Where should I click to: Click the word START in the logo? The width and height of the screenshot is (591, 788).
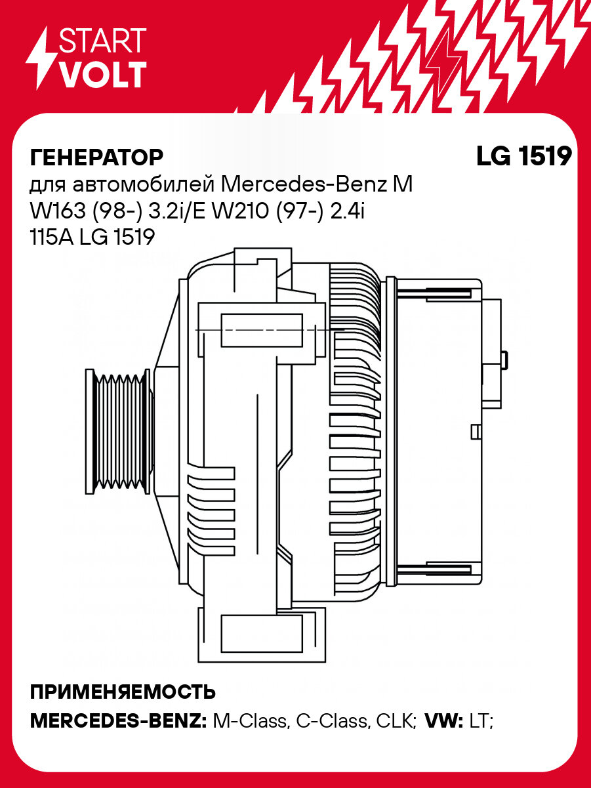tap(102, 41)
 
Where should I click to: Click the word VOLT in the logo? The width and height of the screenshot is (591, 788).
tap(102, 75)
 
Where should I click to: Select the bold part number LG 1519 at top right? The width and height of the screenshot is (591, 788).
tap(523, 157)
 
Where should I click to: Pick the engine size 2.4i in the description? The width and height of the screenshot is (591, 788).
tap(354, 211)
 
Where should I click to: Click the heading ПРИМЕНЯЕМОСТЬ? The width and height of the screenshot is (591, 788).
tap(123, 692)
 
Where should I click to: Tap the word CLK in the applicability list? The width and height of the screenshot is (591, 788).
tap(396, 721)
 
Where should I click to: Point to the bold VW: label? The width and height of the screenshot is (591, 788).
tap(445, 721)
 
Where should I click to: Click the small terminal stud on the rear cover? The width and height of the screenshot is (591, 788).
tap(504, 360)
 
